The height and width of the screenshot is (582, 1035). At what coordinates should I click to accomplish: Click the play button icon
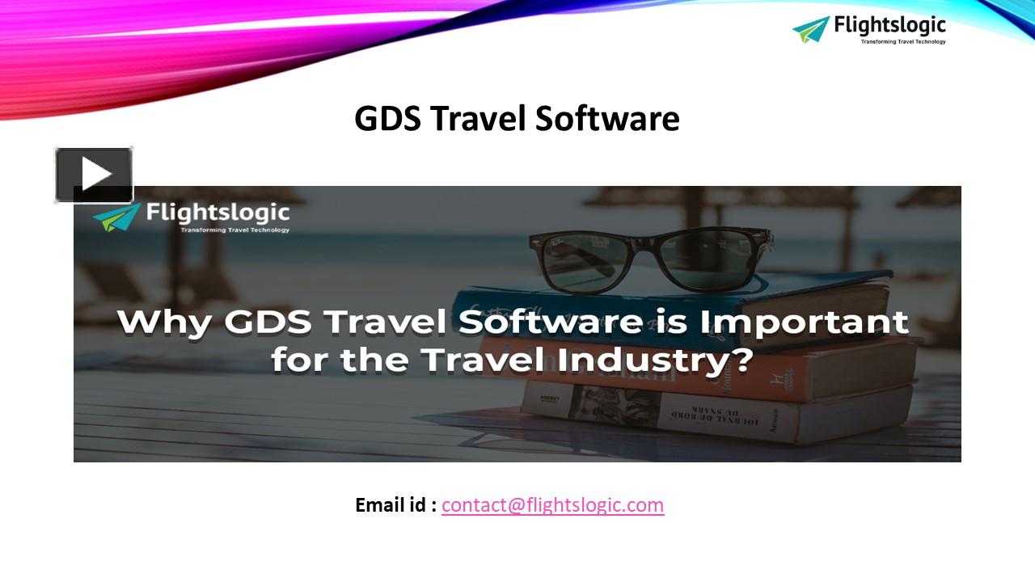click(94, 175)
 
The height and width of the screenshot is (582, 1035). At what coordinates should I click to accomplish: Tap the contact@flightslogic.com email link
click(552, 505)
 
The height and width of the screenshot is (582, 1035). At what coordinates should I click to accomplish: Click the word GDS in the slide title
click(388, 119)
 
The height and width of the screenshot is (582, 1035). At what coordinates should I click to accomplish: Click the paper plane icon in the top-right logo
click(811, 29)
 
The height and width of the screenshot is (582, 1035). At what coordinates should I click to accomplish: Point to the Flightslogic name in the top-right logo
click(889, 25)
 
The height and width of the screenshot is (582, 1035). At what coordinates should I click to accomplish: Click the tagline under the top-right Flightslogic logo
click(902, 42)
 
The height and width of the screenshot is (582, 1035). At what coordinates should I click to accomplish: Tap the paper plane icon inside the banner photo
click(116, 217)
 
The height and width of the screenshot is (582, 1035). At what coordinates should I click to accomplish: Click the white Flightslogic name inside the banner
click(217, 213)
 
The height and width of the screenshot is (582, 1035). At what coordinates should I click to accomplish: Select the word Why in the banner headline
click(164, 322)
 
